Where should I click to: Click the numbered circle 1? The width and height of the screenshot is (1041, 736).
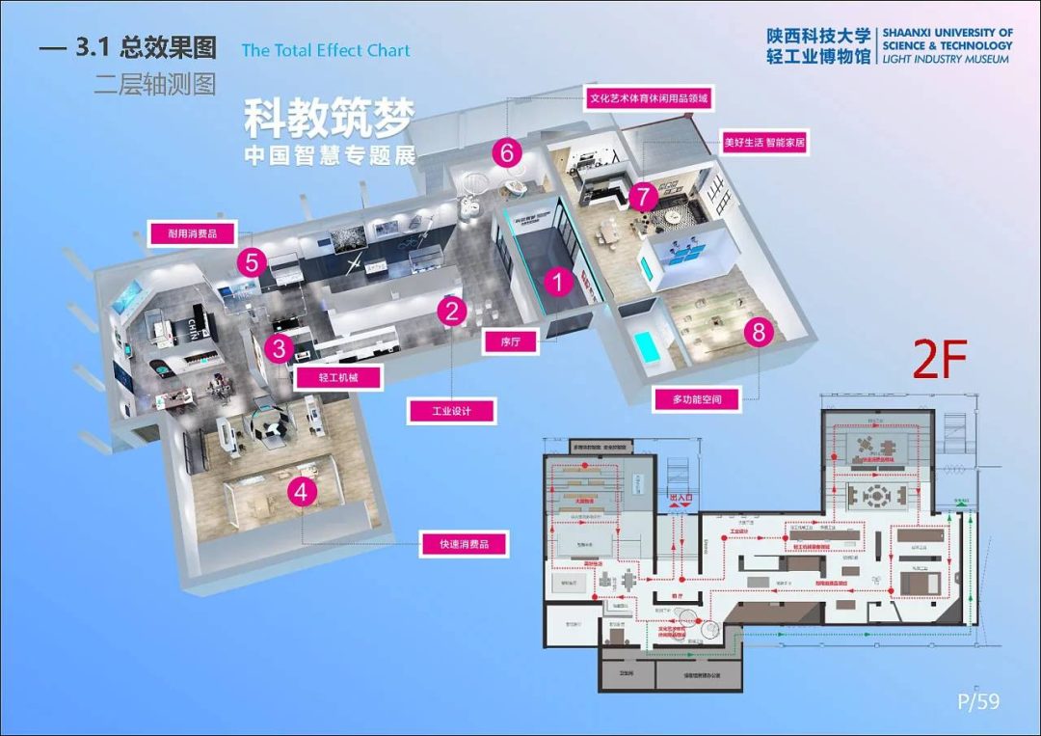click(x=558, y=283)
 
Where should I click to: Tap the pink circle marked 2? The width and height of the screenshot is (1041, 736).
click(x=452, y=311)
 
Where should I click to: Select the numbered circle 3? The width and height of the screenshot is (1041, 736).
click(x=279, y=348)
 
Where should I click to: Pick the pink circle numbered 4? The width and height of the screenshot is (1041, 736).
click(x=303, y=492)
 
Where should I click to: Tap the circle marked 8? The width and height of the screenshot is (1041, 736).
click(x=760, y=333)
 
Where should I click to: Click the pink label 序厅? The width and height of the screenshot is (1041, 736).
click(x=511, y=341)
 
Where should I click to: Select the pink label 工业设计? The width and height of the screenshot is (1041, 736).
click(x=451, y=411)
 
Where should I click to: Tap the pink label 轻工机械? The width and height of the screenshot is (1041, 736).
click(x=337, y=377)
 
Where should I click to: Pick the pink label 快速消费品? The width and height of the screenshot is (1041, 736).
click(x=465, y=544)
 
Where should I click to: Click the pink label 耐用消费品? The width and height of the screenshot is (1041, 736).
click(x=193, y=232)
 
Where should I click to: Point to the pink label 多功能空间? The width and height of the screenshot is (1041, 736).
click(x=697, y=397)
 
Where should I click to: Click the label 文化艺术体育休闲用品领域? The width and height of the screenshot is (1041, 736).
click(x=649, y=98)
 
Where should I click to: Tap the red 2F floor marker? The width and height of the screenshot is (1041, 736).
click(x=940, y=360)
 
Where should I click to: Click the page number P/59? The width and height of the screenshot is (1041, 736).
click(x=978, y=701)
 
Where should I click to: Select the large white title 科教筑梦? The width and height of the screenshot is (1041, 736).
click(x=329, y=120)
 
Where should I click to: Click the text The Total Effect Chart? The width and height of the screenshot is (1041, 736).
click(x=326, y=50)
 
